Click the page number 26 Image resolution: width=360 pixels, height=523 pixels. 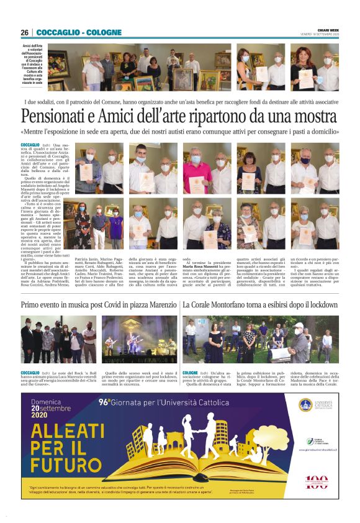pyautogui.click(x=24, y=32)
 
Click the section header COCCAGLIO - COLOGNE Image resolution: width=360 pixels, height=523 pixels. pyautogui.click(x=70, y=32)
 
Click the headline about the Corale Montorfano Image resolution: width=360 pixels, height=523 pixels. pyautogui.click(x=260, y=305)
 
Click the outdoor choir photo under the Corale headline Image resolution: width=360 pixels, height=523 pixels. pyautogui.click(x=261, y=339)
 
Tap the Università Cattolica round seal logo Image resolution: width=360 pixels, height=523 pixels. pyautogui.click(x=305, y=404)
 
